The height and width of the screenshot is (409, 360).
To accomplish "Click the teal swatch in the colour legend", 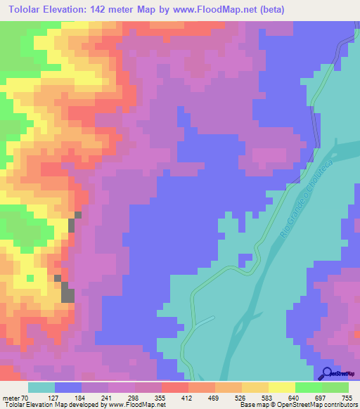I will click(41, 387).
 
